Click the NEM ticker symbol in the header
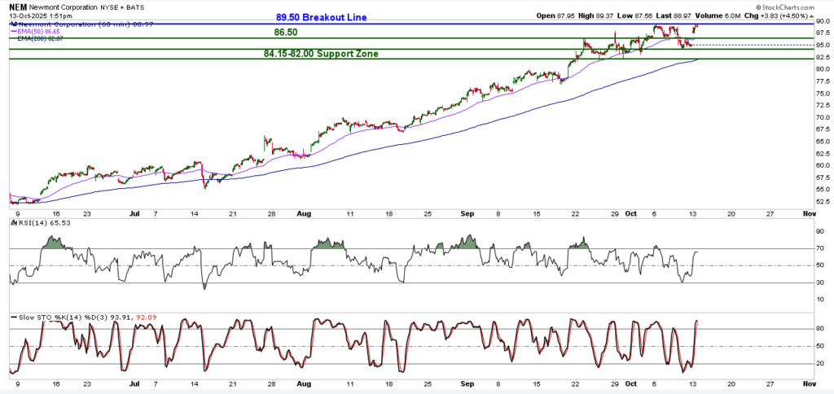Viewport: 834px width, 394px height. click(16, 6)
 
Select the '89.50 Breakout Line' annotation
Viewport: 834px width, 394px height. click(320, 17)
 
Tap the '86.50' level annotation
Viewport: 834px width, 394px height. click(285, 33)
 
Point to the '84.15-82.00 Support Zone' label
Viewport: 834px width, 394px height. click(320, 54)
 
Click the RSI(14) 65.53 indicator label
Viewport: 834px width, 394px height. click(42, 221)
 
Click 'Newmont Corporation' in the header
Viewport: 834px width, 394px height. click(69, 6)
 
